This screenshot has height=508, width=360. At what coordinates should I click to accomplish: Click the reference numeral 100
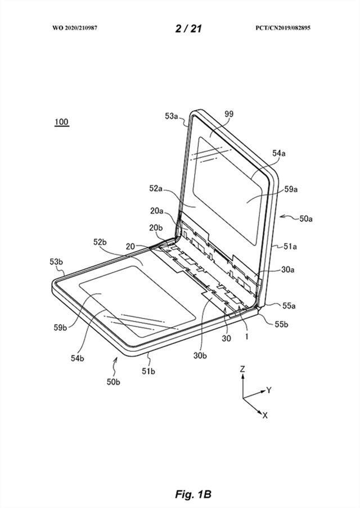click(62, 122)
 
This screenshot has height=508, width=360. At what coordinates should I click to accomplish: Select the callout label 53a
click(171, 116)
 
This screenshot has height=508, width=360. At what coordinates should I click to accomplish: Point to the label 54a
click(278, 153)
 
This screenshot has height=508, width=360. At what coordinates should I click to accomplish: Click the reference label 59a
click(291, 189)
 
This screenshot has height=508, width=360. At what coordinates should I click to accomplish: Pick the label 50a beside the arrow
click(306, 219)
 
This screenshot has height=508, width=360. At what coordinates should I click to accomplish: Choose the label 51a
click(290, 247)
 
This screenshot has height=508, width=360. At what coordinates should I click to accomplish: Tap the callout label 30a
click(287, 269)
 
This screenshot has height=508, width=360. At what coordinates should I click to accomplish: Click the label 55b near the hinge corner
click(281, 324)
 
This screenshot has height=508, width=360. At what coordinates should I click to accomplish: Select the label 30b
click(200, 355)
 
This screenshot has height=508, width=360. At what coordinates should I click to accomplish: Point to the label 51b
click(148, 371)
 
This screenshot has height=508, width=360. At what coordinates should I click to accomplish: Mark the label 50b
click(113, 382)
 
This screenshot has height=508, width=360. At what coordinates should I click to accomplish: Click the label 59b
click(60, 328)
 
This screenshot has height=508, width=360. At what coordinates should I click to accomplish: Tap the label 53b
click(56, 261)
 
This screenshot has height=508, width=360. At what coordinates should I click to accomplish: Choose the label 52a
click(156, 188)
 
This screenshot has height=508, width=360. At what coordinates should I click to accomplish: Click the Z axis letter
click(242, 369)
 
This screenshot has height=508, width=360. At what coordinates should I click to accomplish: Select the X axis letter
click(265, 415)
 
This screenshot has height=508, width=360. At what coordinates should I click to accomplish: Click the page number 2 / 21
click(188, 29)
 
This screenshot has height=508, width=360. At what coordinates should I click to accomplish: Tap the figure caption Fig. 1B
click(193, 495)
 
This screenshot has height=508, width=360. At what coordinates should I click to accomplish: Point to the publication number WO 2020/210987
click(75, 28)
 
